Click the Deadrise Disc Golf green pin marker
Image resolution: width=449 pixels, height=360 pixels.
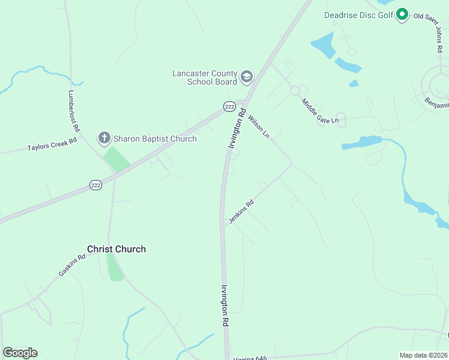402,14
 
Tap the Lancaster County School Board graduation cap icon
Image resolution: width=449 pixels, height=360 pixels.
246,77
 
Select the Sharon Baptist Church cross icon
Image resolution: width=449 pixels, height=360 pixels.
104,139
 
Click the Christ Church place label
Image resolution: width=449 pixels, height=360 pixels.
116,249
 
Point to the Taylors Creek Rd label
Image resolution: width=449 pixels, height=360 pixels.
52,145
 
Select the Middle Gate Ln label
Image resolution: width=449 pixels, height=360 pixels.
320,112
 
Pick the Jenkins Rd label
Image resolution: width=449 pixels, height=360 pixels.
241,211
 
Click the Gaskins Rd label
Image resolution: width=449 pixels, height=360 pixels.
72,265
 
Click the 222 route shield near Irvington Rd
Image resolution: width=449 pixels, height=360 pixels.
229,106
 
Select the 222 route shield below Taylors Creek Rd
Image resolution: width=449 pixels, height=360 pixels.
95,185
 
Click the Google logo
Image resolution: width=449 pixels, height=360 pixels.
20,353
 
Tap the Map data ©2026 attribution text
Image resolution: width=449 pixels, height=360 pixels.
424,355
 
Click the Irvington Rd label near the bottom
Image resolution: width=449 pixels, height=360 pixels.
226,305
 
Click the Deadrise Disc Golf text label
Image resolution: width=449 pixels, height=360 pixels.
358,14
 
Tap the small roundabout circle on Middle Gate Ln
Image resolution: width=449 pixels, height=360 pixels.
295,91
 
